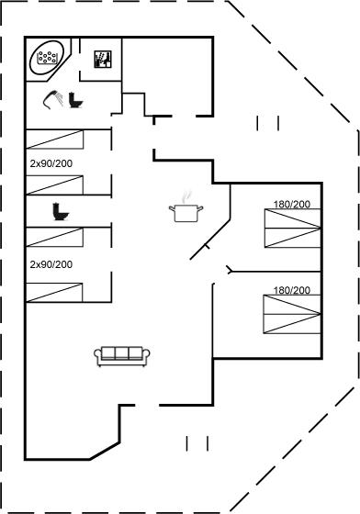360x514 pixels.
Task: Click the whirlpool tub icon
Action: click(47, 57)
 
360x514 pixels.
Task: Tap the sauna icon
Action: click(103, 60)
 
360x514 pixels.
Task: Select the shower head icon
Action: click(52, 99)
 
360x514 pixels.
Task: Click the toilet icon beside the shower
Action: click(75, 100)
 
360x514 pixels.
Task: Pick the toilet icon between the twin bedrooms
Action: click(61, 212)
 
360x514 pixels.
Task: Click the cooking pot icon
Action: click(186, 213)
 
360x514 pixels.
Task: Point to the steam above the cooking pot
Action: click(186, 196)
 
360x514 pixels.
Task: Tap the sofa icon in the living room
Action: click(122, 356)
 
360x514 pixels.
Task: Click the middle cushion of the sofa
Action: click(121, 353)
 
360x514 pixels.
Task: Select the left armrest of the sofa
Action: click(97, 356)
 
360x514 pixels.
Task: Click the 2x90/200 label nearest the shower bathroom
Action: click(51, 163)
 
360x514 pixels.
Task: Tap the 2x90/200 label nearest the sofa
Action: click(51, 264)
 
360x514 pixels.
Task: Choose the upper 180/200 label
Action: click(292, 204)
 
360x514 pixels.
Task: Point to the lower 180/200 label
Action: click(292, 290)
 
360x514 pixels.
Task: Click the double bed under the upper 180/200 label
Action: click(292, 229)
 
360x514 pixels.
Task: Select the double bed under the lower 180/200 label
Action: click(292, 314)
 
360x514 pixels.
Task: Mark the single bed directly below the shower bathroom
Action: click(55, 140)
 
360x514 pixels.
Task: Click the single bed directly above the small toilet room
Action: click(54, 184)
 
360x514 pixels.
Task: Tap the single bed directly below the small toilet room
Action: click(54, 237)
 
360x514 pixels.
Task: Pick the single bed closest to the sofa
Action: click(54, 293)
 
